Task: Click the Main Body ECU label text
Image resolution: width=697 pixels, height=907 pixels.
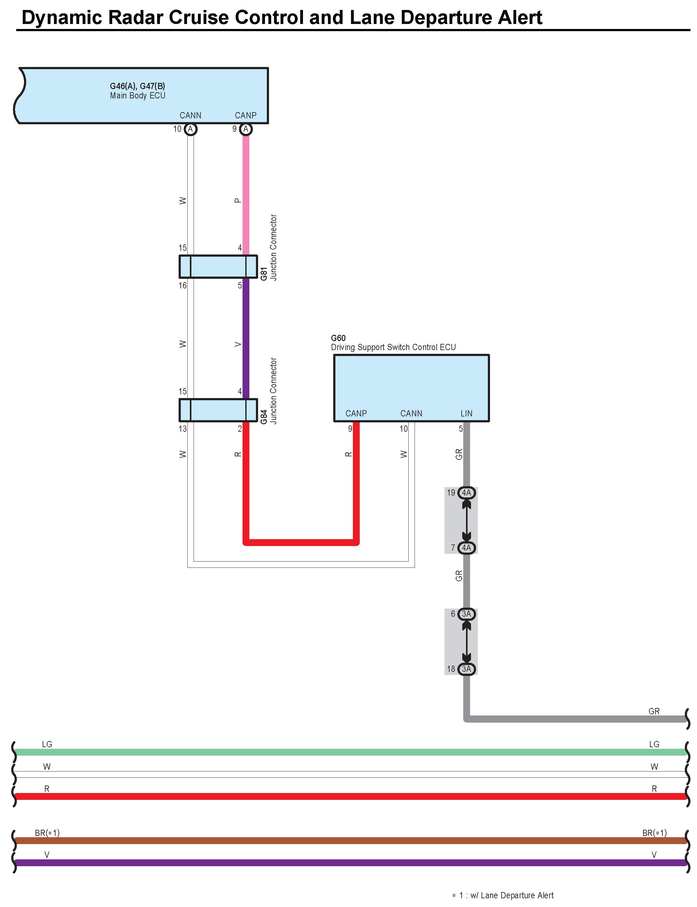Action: pos(137,96)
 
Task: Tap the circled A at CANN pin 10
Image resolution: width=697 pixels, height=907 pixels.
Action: pos(190,129)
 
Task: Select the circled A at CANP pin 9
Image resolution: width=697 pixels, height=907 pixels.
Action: pos(246,129)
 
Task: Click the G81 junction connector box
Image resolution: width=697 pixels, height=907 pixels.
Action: pos(218,267)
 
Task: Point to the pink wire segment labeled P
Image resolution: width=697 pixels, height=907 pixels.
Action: pos(246,195)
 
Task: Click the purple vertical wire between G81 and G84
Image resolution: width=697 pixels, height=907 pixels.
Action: pos(246,339)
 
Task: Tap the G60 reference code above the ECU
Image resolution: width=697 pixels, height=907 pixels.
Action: pos(338,338)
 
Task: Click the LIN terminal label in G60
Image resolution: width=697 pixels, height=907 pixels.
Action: pos(466,414)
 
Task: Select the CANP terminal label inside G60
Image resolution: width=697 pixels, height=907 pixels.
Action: pos(356,414)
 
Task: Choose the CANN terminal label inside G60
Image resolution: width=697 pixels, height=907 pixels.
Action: pos(411,414)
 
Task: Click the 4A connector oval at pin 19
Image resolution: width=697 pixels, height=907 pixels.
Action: pos(467,493)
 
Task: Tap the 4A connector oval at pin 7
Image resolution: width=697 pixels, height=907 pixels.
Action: pos(467,548)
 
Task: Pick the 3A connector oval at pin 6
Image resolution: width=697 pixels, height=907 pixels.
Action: pos(467,614)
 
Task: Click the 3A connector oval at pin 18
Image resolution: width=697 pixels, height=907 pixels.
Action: pos(467,669)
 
